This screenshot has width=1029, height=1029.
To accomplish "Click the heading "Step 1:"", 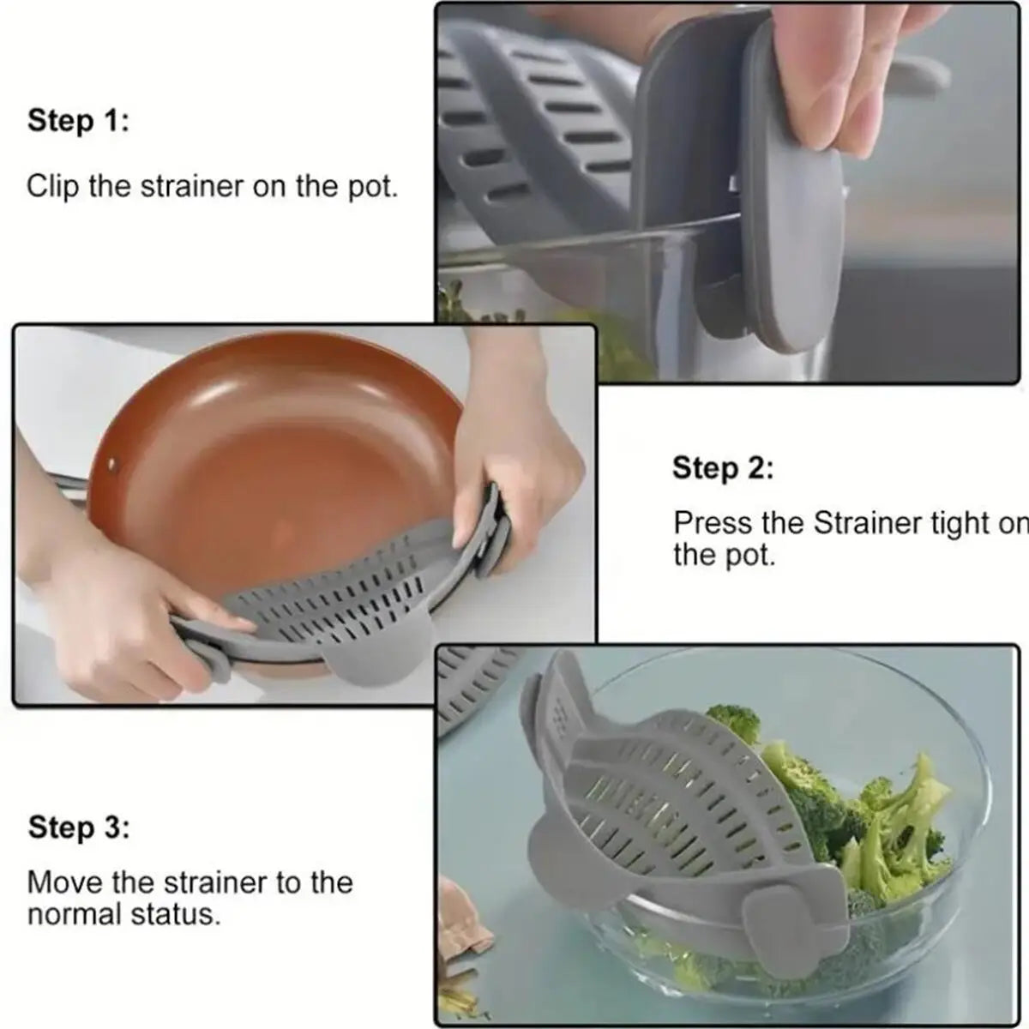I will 78,121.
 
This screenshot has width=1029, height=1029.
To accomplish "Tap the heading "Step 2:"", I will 722,469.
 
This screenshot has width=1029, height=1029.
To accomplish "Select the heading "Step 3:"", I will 78,828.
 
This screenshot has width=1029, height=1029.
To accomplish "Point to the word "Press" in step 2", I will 709,523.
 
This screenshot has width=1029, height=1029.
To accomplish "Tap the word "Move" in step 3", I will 63,882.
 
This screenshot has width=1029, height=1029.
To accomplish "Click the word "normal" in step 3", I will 75,914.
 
